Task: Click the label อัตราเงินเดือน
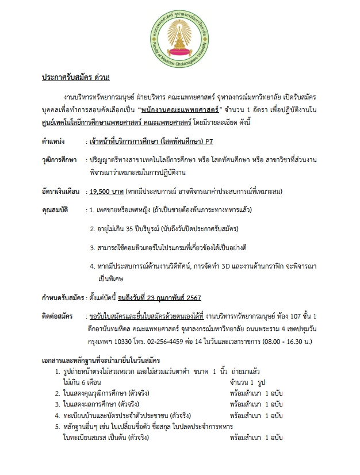coord(62,191)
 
